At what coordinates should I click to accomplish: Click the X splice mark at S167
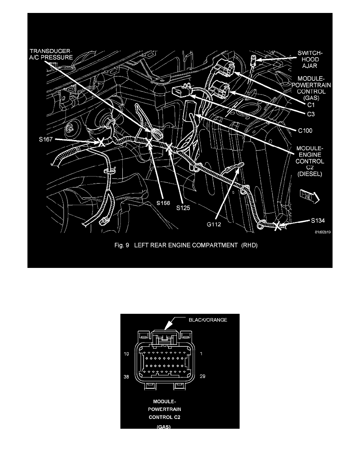coord(101,142)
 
